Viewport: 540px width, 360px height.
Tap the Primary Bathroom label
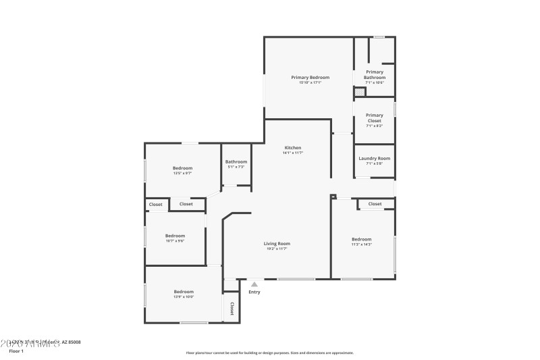click(x=375, y=74)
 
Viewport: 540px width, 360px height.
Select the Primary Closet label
click(x=375, y=118)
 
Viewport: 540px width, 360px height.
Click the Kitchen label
click(x=292, y=147)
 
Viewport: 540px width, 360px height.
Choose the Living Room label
click(x=277, y=243)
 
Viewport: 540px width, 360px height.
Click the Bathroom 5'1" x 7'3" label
click(x=236, y=161)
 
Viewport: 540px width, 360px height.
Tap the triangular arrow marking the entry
click(x=254, y=284)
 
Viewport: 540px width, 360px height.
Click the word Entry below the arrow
click(x=254, y=292)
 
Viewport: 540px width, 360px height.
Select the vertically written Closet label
click(x=232, y=309)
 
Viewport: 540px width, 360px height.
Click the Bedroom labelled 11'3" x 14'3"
click(x=361, y=239)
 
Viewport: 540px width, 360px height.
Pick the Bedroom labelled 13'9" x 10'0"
click(x=184, y=292)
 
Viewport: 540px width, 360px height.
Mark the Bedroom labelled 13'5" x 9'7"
click(x=182, y=168)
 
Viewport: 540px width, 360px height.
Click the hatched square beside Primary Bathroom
click(x=359, y=92)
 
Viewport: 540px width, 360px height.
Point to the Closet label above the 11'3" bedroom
click(x=375, y=203)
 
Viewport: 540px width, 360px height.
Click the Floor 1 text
click(x=16, y=351)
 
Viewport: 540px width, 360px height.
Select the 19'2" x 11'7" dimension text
click(x=277, y=249)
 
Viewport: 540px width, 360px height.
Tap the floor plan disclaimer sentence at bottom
click(x=269, y=353)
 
